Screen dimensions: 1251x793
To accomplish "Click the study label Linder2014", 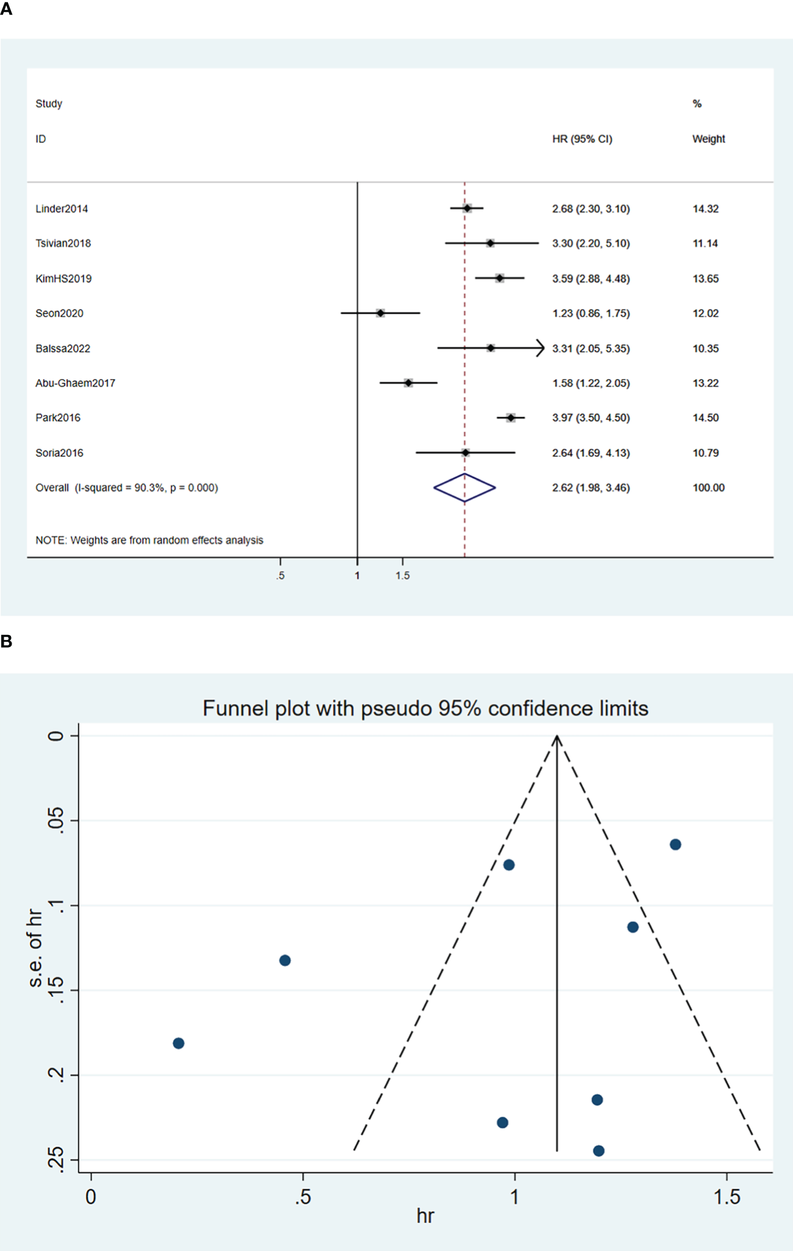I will pos(62,209).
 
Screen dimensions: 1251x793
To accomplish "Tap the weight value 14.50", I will pos(705,418).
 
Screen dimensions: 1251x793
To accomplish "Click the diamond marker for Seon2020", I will pos(380,313).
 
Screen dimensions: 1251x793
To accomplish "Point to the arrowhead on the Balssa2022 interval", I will pos(540,348).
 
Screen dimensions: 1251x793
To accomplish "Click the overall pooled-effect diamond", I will pos(465,488).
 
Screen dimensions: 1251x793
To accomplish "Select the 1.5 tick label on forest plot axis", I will pos(402,576).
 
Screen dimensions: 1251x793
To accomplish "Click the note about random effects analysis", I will pos(149,540).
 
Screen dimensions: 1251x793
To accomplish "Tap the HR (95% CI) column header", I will pos(582,139).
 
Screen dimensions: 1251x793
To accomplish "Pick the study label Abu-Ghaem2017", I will pos(75,383).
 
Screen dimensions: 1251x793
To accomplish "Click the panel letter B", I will pos(7,642).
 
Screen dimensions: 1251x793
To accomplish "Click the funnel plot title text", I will pos(425,708).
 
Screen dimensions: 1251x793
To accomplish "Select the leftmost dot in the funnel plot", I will pos(178,1043).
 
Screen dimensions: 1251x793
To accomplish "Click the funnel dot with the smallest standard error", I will pos(675,844).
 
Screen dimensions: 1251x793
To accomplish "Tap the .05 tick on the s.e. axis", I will pos(56,819).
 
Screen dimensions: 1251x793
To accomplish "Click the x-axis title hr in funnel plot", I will pos(425,1216).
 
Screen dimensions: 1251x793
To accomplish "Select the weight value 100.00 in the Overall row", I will pos(708,488).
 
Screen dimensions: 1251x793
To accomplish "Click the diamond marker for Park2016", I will pos(511,418).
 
